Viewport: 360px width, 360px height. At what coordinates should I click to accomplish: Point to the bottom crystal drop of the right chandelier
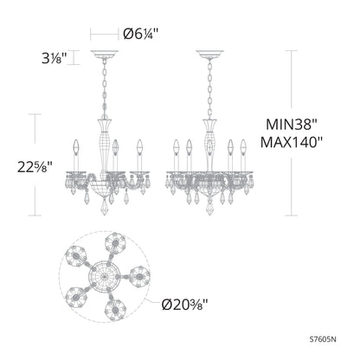coord(210,213)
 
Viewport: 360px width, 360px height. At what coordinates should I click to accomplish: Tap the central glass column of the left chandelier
coord(112,143)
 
